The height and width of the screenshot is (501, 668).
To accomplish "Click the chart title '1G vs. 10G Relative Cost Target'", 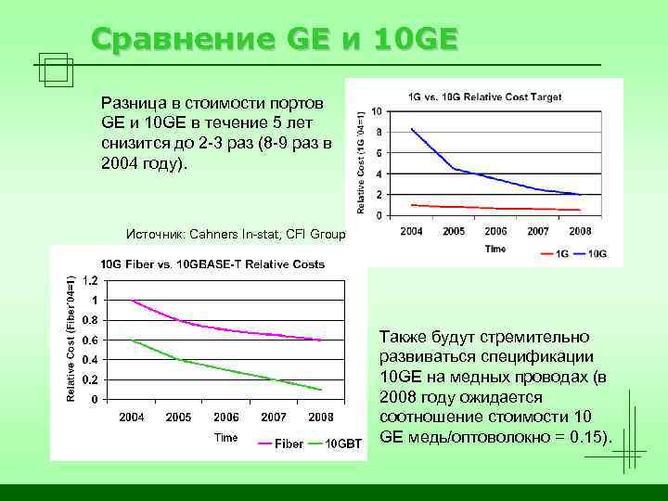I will point(484,96).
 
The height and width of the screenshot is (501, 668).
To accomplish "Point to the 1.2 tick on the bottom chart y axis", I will point(91,280).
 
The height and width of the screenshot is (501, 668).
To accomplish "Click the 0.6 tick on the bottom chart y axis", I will point(91,340).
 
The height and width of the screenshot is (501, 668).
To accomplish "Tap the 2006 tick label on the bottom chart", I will point(226,417).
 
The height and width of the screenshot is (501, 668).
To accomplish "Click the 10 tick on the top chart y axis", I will point(376,112).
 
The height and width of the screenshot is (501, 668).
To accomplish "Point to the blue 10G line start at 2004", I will point(411,129).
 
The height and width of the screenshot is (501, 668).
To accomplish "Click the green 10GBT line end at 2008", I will point(322,389).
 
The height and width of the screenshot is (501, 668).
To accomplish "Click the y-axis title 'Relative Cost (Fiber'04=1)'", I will point(71,336).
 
